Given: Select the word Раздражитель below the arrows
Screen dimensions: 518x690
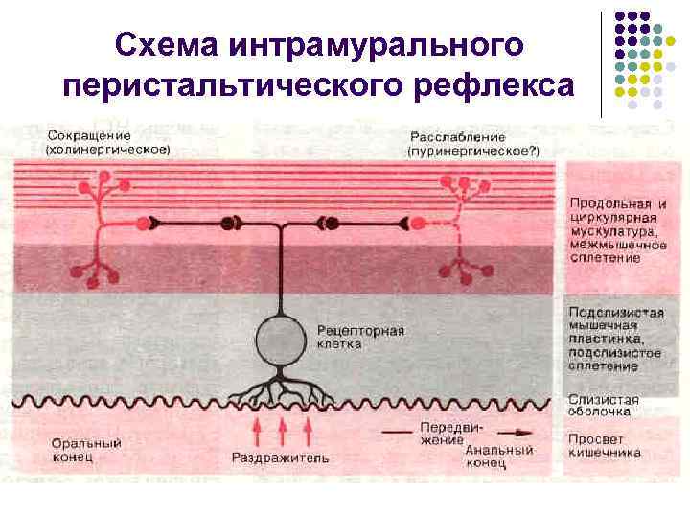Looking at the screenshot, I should click(x=280, y=458).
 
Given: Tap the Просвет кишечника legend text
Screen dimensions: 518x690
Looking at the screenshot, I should click(x=603, y=443).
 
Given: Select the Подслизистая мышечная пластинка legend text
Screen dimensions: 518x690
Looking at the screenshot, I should click(x=614, y=339).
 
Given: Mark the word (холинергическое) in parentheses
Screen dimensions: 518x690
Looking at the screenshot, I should click(x=108, y=150).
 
